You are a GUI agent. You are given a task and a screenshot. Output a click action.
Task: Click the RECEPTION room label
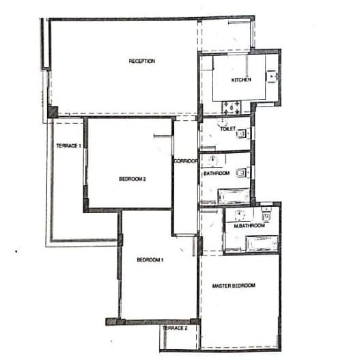(142, 61)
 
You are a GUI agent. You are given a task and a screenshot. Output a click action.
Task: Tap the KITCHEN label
(241, 80)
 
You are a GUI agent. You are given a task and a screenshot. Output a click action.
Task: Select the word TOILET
(227, 129)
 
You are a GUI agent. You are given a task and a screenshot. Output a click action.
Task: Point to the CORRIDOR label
(186, 161)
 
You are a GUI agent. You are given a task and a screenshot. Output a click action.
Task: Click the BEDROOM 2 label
(133, 179)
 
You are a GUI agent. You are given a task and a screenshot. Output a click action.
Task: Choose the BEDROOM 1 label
(150, 260)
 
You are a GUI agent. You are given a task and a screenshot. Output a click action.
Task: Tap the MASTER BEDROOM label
(234, 286)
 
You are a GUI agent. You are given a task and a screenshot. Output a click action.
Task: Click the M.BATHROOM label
(249, 225)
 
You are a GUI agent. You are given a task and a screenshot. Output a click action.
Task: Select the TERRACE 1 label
(68, 146)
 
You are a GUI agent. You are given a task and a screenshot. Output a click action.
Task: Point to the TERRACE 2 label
(175, 328)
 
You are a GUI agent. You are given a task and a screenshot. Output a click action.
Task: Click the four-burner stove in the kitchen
(232, 108)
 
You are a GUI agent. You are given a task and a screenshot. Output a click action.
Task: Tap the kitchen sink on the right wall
(272, 76)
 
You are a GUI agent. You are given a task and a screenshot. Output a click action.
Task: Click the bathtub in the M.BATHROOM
(262, 244)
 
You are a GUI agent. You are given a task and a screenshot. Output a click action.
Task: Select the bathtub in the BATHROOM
(234, 196)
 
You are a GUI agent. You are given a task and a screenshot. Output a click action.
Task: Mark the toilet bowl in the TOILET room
(243, 133)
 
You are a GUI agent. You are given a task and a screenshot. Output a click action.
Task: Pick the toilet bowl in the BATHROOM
(243, 172)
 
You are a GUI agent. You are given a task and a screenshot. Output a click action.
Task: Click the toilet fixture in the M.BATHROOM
(266, 214)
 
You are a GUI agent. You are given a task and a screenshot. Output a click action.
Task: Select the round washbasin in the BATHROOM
(213, 160)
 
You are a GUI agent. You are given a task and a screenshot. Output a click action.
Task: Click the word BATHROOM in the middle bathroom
(217, 173)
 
